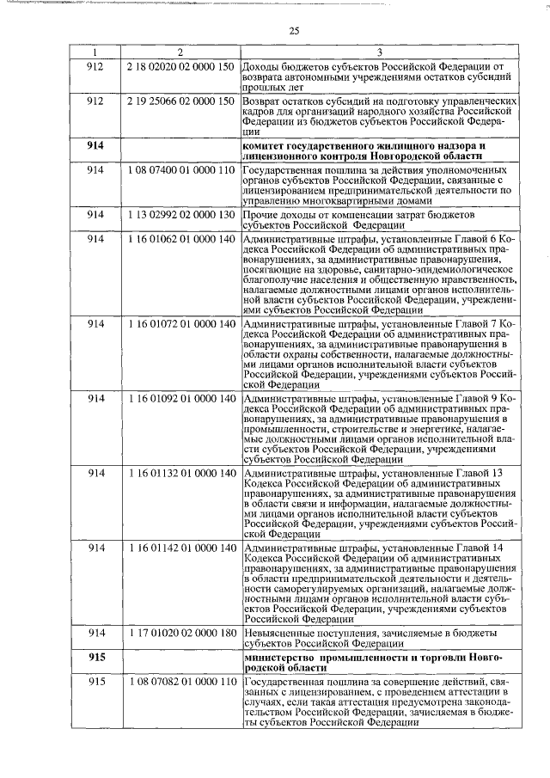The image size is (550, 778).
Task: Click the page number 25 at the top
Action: click(x=294, y=32)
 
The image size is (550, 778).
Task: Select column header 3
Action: click(x=380, y=53)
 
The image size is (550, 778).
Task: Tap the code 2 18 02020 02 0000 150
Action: click(x=180, y=68)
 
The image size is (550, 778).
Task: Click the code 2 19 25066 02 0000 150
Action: click(x=180, y=101)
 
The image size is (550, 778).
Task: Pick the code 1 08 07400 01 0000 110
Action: click(x=180, y=170)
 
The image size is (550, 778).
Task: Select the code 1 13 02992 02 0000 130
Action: click(x=180, y=214)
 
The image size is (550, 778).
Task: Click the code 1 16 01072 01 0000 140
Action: click(x=180, y=323)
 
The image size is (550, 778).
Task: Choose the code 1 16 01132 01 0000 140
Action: click(x=180, y=474)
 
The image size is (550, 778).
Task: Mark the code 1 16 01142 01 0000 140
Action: click(x=180, y=548)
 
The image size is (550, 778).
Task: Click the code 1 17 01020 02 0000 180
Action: click(x=180, y=633)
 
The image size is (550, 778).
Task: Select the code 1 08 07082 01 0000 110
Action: click(x=180, y=682)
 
